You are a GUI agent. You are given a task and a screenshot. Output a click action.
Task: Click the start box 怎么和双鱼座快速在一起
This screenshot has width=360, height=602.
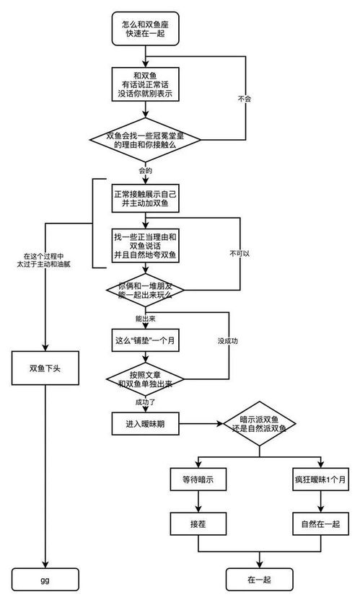(x=146, y=30)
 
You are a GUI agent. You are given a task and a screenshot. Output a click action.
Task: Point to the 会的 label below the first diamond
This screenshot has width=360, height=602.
(x=144, y=171)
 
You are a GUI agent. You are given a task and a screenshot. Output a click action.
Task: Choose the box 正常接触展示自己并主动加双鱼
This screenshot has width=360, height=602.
(x=146, y=199)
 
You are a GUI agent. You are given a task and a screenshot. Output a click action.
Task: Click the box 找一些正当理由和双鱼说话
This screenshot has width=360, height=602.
(x=146, y=246)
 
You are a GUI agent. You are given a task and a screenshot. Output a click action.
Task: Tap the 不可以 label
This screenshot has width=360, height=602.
(x=240, y=254)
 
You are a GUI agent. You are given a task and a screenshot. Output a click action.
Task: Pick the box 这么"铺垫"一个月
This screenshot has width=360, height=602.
(x=146, y=340)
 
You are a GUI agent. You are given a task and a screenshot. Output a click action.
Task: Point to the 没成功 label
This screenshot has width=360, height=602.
(x=229, y=340)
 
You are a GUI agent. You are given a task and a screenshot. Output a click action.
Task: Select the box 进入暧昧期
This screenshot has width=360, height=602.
(x=146, y=425)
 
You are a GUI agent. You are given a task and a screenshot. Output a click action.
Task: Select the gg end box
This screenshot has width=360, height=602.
(x=44, y=578)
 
